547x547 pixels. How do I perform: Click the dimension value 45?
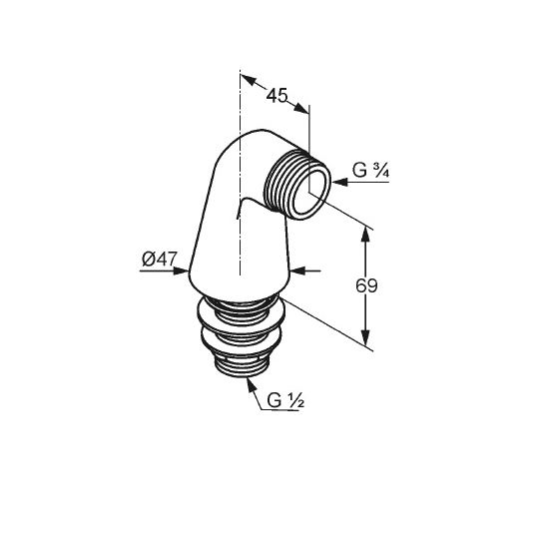coord(276,95)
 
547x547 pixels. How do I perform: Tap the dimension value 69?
coord(366,286)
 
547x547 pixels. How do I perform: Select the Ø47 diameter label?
coord(160,259)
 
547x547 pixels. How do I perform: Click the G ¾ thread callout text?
coord(370,171)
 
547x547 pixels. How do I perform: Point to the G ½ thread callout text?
coord(285,400)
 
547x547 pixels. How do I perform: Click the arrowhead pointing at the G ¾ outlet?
coord(339,182)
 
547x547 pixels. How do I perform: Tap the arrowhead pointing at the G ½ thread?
coord(251,385)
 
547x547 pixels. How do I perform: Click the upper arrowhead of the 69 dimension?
coord(365,235)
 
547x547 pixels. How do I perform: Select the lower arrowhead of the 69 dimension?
coord(365,337)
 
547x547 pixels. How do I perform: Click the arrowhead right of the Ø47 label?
coord(181,271)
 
